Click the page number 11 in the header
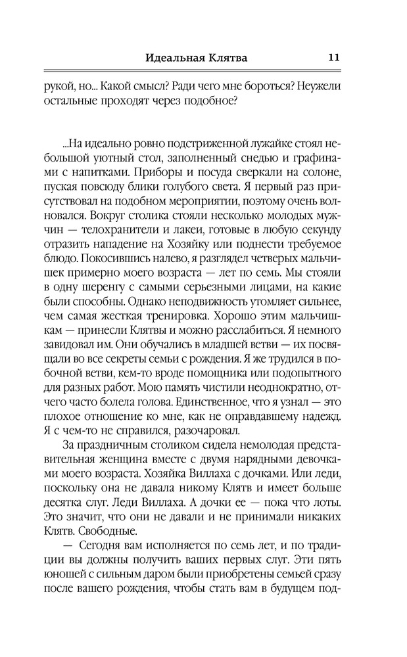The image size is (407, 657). coord(333,57)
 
